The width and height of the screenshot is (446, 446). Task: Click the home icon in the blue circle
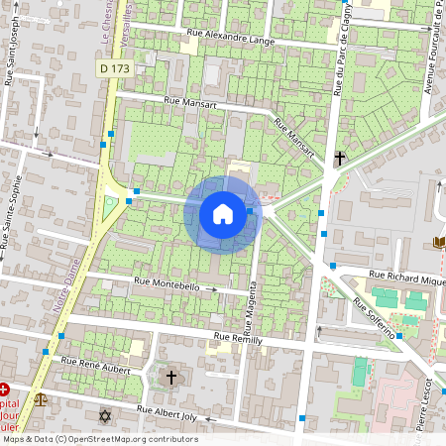click(x=223, y=213)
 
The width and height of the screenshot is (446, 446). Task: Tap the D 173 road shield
click(x=116, y=68)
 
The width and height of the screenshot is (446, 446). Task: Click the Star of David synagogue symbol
click(x=105, y=414)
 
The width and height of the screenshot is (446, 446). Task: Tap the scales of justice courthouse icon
click(x=41, y=399)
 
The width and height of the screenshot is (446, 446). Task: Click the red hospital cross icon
click(x=6, y=390)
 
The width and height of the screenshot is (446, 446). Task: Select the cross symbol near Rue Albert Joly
click(x=170, y=377)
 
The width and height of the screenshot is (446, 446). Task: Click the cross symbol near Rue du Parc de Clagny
click(x=339, y=157)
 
